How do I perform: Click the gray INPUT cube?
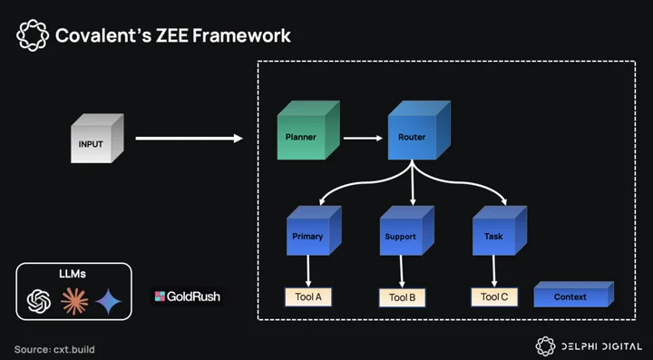pos(97,139)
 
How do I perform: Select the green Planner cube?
pos(308,131)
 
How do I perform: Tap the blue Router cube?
pos(419,131)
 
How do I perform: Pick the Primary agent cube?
pos(314,230)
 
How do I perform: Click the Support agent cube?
pos(407,230)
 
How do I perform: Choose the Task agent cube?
pos(500,230)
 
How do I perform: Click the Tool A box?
pos(308,297)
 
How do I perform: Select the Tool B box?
pos(403,297)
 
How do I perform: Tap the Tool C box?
pos(494,297)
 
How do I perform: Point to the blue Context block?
pos(573,294)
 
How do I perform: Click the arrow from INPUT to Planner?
pos(189,138)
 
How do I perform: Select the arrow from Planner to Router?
pos(363,138)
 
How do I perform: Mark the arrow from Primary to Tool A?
pos(308,271)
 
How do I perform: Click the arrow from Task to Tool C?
pos(494,271)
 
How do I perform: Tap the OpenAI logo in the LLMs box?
pos(39,301)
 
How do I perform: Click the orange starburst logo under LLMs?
pos(74,301)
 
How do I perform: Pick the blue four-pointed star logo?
pos(109,301)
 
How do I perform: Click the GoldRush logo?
pos(187,297)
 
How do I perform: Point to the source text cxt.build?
pos(74,349)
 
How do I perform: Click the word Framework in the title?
pos(241,35)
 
